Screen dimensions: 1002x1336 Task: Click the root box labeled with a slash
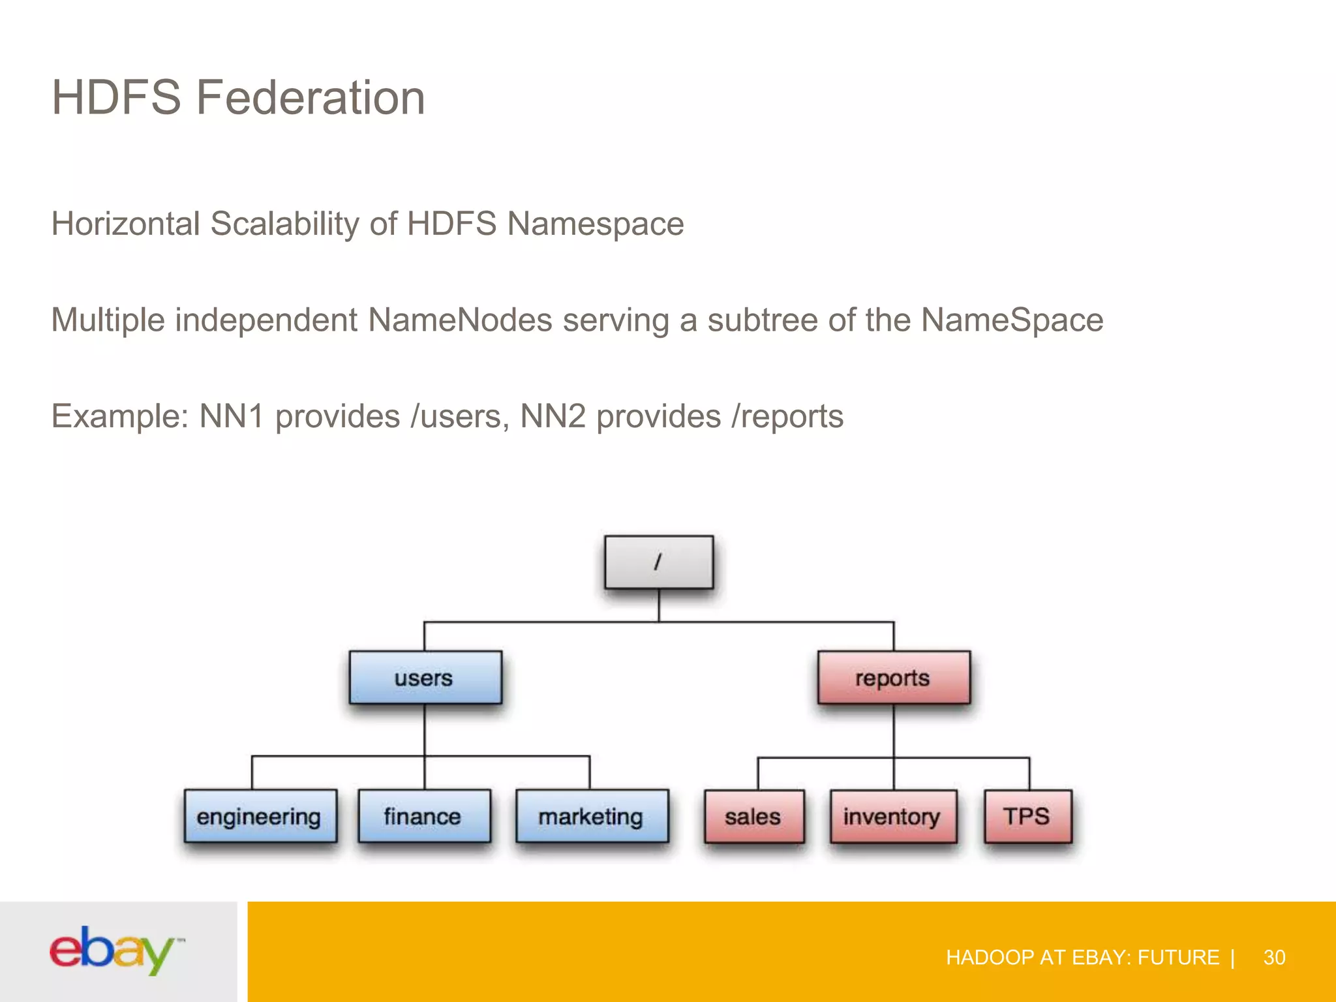click(658, 562)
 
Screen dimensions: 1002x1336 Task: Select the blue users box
click(425, 678)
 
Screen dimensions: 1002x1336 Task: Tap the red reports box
click(893, 678)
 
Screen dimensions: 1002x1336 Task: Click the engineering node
click(260, 816)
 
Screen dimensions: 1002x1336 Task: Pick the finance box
click(423, 816)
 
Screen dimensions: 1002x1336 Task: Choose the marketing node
click(591, 816)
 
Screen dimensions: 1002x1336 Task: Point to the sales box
click(753, 817)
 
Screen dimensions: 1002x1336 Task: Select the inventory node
click(892, 817)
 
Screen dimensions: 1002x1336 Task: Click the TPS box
click(1027, 817)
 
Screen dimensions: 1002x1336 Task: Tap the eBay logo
click(116, 950)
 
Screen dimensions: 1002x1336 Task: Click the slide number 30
click(1274, 958)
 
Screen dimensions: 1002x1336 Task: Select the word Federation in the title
click(311, 98)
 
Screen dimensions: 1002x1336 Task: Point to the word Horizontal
click(125, 224)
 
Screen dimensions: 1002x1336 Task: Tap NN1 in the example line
click(232, 416)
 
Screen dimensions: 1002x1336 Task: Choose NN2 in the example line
click(553, 416)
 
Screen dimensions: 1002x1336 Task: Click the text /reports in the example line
click(787, 416)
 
